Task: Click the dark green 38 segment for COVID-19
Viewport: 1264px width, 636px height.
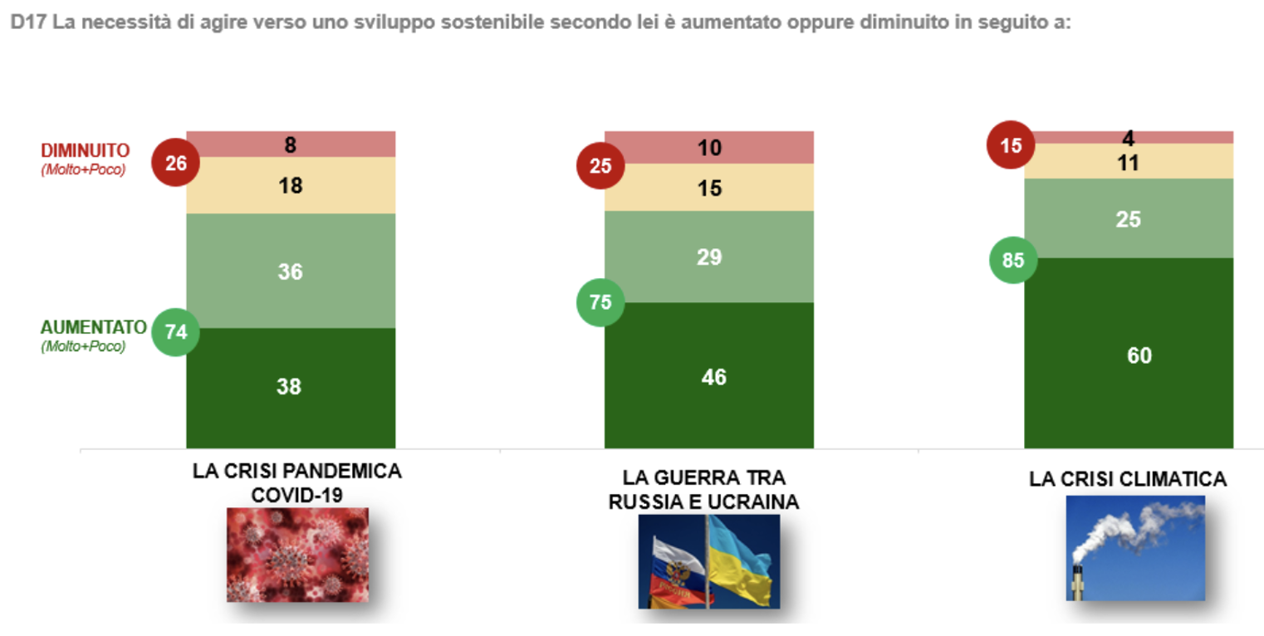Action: click(290, 387)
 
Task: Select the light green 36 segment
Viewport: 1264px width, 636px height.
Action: click(290, 271)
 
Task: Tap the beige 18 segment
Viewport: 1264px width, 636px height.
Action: click(290, 185)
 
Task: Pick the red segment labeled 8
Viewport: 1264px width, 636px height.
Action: click(290, 144)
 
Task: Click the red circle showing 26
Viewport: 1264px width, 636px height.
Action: click(175, 163)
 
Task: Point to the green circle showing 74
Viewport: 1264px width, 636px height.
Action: click(175, 331)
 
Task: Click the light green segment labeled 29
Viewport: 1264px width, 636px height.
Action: click(708, 257)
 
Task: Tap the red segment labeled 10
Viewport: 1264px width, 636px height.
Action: click(708, 148)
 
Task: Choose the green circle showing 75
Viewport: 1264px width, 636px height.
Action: click(600, 302)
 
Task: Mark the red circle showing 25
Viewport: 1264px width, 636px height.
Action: click(600, 166)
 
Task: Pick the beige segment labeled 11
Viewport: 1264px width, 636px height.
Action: click(1128, 162)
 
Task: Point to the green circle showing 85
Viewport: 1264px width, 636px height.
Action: click(1012, 260)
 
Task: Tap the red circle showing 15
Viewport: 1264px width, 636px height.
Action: click(1009, 145)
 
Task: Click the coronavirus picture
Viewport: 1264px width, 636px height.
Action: click(297, 554)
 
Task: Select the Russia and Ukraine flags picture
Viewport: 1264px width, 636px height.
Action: click(708, 561)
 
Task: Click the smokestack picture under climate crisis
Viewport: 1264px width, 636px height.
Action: click(1134, 547)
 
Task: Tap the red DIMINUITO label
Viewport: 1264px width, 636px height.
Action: click(86, 150)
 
